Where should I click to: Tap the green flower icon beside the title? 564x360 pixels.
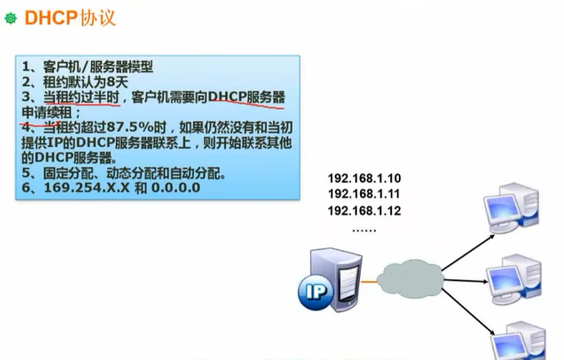[x=10, y=19]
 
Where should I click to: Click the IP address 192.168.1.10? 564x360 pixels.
[x=364, y=178]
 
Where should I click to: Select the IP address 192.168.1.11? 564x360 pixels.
[x=364, y=194]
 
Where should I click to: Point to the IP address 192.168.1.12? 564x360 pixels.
[x=364, y=210]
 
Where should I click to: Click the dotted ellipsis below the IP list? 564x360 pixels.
[x=364, y=229]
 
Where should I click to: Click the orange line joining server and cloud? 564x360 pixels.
[x=371, y=281]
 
